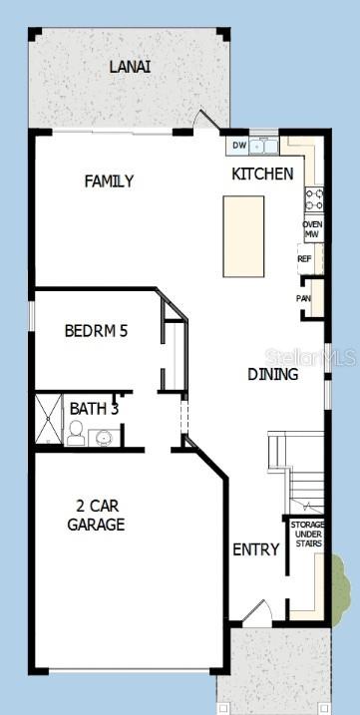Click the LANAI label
pos(130,67)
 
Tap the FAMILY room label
pos(109,180)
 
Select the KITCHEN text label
pos(262,174)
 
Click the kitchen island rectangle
pos(243,236)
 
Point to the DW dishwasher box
pos(239,147)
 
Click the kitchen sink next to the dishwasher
pos(264,147)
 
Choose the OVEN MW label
pos(312,230)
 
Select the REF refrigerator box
pos(305,258)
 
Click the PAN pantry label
pos(303,298)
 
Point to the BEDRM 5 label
pos(97,331)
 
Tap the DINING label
pos(272,375)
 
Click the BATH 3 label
pos(94,408)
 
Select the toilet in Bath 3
pos(75,433)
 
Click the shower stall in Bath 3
pos(49,420)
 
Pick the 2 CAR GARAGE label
pos(96,515)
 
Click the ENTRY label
pos(256,549)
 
